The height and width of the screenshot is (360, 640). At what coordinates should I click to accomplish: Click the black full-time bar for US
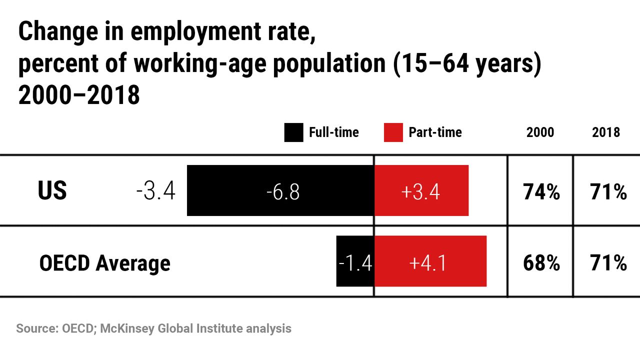(235, 190)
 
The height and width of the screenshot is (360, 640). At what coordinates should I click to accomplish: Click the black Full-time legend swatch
(293, 132)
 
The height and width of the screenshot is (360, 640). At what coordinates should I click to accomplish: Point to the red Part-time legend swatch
(393, 132)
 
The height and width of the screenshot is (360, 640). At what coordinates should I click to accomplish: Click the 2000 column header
(540, 132)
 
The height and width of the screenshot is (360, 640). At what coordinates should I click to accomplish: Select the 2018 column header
(606, 132)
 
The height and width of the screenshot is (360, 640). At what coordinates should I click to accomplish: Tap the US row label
(52, 191)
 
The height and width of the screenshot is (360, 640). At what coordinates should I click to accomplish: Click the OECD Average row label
(104, 262)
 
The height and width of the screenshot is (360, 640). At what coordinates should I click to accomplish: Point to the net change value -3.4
(155, 191)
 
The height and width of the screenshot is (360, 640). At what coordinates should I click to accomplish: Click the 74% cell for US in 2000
(541, 191)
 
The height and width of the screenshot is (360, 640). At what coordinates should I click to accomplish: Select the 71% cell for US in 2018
(608, 191)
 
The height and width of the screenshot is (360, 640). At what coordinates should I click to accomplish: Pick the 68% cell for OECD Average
(541, 262)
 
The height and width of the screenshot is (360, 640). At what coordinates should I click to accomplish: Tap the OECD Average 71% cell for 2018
(608, 262)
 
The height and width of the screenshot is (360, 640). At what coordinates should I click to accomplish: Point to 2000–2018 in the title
(78, 95)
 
